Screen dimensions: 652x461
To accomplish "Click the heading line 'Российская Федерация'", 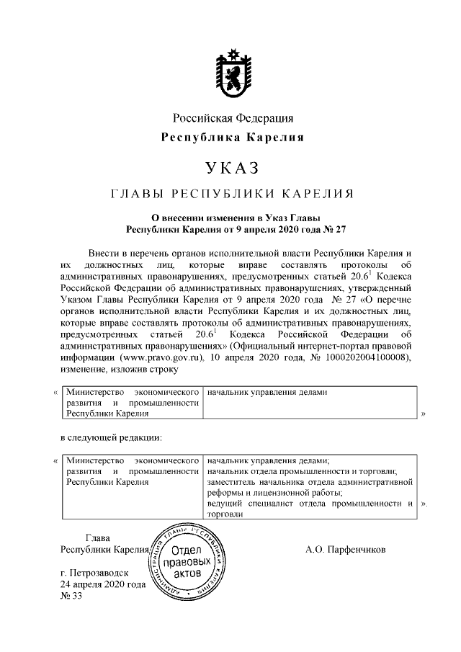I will (232, 118).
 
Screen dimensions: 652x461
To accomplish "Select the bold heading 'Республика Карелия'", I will (232, 137).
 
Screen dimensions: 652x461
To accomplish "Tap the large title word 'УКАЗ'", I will (232, 169).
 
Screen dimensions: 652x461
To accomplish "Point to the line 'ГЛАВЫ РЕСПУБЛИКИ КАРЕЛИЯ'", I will (232, 194).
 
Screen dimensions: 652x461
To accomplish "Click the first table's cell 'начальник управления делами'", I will (267, 393).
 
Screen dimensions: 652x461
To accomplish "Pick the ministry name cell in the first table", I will (132, 403).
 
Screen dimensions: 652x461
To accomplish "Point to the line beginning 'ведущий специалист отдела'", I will (310, 504).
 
